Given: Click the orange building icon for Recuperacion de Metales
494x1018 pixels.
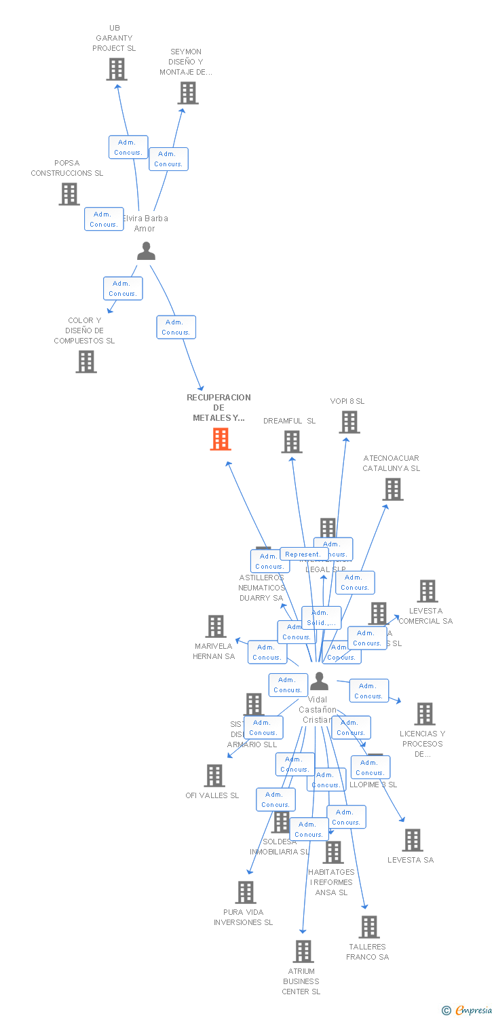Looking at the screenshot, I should (221, 439).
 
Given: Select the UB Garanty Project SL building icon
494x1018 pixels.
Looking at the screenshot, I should (117, 69).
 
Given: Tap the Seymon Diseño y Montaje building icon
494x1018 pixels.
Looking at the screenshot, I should (188, 93).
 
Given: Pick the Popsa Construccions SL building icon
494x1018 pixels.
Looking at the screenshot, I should (69, 194).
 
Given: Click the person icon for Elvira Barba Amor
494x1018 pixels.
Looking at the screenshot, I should (146, 252).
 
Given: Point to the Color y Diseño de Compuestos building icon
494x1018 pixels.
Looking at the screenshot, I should (86, 362).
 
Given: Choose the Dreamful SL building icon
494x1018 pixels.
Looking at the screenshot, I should (292, 442).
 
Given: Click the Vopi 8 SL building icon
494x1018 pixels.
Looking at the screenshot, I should (349, 422).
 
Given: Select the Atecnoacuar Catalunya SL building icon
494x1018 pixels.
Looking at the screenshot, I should (392, 489).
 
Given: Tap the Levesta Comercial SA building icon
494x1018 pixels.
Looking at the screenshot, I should (427, 591).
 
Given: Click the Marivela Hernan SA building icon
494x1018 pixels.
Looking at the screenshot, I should (216, 626).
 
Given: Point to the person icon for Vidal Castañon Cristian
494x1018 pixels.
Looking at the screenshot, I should (319, 681).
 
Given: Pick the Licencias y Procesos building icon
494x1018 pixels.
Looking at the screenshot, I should (425, 714).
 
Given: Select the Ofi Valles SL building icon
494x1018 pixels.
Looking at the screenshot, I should (214, 776).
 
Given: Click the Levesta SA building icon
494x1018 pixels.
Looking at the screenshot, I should (412, 840).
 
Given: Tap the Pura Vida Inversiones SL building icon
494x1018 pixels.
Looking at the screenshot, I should (246, 892).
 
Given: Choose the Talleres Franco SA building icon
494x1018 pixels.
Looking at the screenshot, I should (369, 927).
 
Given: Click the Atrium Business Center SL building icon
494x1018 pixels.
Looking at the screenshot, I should (303, 951).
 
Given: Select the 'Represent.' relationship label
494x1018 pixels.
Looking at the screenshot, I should (303, 554).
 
